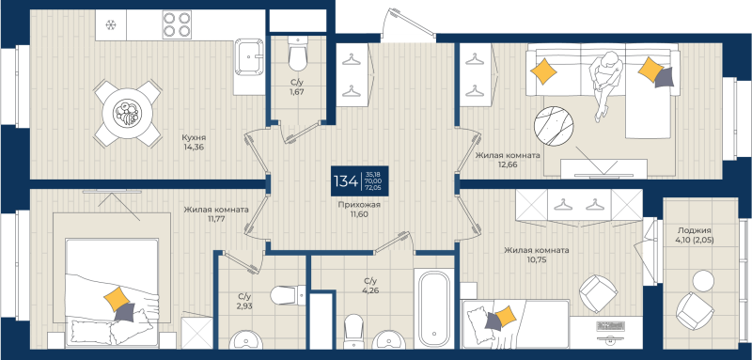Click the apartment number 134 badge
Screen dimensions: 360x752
click(345, 180)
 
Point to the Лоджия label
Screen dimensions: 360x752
click(694, 230)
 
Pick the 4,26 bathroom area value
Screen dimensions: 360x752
click(369, 290)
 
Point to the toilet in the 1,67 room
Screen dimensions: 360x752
click(297, 57)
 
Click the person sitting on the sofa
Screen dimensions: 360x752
click(606, 82)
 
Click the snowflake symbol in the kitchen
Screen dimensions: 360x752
click(110, 23)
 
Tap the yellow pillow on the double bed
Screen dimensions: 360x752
click(117, 300)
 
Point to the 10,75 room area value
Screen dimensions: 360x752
click(537, 261)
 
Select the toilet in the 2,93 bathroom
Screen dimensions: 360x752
click(284, 297)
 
